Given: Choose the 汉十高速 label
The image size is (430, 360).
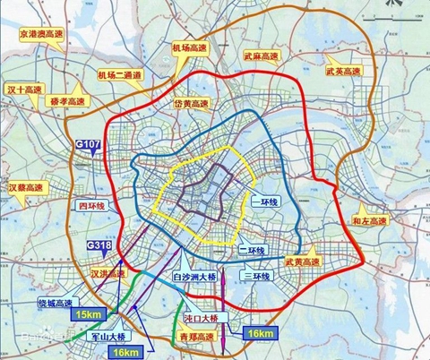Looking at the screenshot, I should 24,90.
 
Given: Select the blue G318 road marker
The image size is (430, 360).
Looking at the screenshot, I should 99,245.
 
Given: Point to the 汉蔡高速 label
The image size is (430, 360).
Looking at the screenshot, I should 25,189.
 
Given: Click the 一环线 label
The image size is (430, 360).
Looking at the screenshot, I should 266,202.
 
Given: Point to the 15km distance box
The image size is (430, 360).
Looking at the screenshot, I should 88,314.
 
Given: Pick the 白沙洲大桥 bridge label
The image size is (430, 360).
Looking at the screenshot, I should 195,279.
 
